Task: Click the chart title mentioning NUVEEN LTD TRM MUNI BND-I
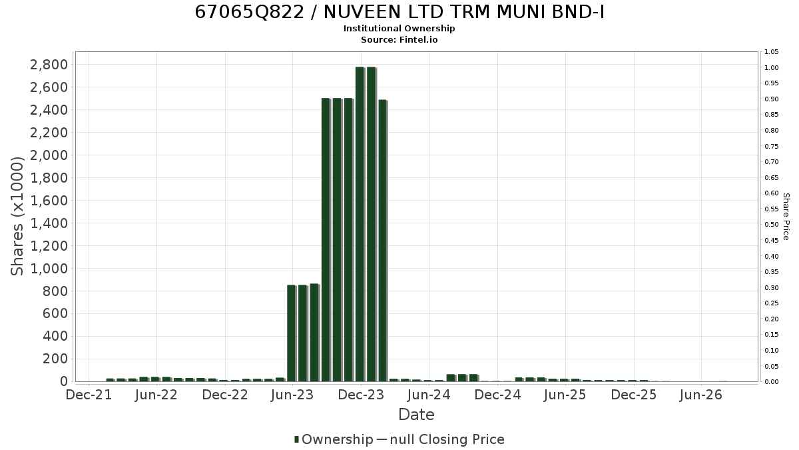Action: tap(400, 12)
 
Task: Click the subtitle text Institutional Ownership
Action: tap(399, 29)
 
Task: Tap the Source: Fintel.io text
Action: tap(399, 39)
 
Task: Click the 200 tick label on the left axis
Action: tap(55, 359)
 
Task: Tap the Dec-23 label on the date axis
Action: tap(361, 395)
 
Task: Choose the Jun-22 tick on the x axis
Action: tap(156, 395)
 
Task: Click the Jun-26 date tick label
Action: tap(701, 395)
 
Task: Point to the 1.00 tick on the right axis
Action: tap(771, 68)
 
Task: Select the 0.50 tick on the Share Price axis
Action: tap(771, 225)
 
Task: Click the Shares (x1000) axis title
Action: tap(17, 216)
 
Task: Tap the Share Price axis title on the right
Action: tap(786, 217)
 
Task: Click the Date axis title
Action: tap(416, 415)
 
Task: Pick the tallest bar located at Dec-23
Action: tap(360, 224)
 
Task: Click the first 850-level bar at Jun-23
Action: tap(292, 333)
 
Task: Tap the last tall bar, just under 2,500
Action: tap(382, 241)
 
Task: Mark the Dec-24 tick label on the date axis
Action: tap(497, 395)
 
